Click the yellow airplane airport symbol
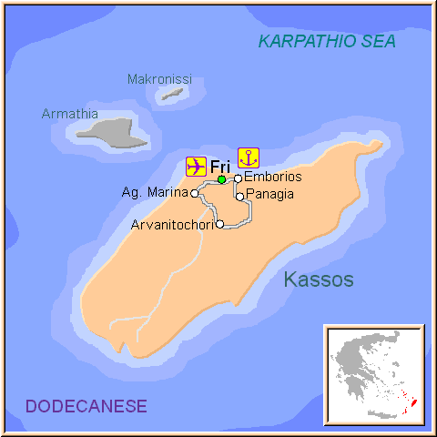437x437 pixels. (195, 166)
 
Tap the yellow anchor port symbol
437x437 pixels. (248, 157)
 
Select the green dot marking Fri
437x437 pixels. (221, 179)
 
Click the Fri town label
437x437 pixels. (219, 167)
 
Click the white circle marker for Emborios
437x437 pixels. (238, 178)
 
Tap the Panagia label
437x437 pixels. (270, 195)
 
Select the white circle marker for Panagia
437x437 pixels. (239, 196)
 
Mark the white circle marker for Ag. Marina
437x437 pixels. (194, 193)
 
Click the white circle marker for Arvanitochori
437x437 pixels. (220, 224)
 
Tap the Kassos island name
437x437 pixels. (318, 279)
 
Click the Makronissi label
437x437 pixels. (159, 79)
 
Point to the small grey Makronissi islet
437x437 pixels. (171, 93)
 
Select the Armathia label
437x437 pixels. (69, 114)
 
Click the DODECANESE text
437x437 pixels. (86, 405)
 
